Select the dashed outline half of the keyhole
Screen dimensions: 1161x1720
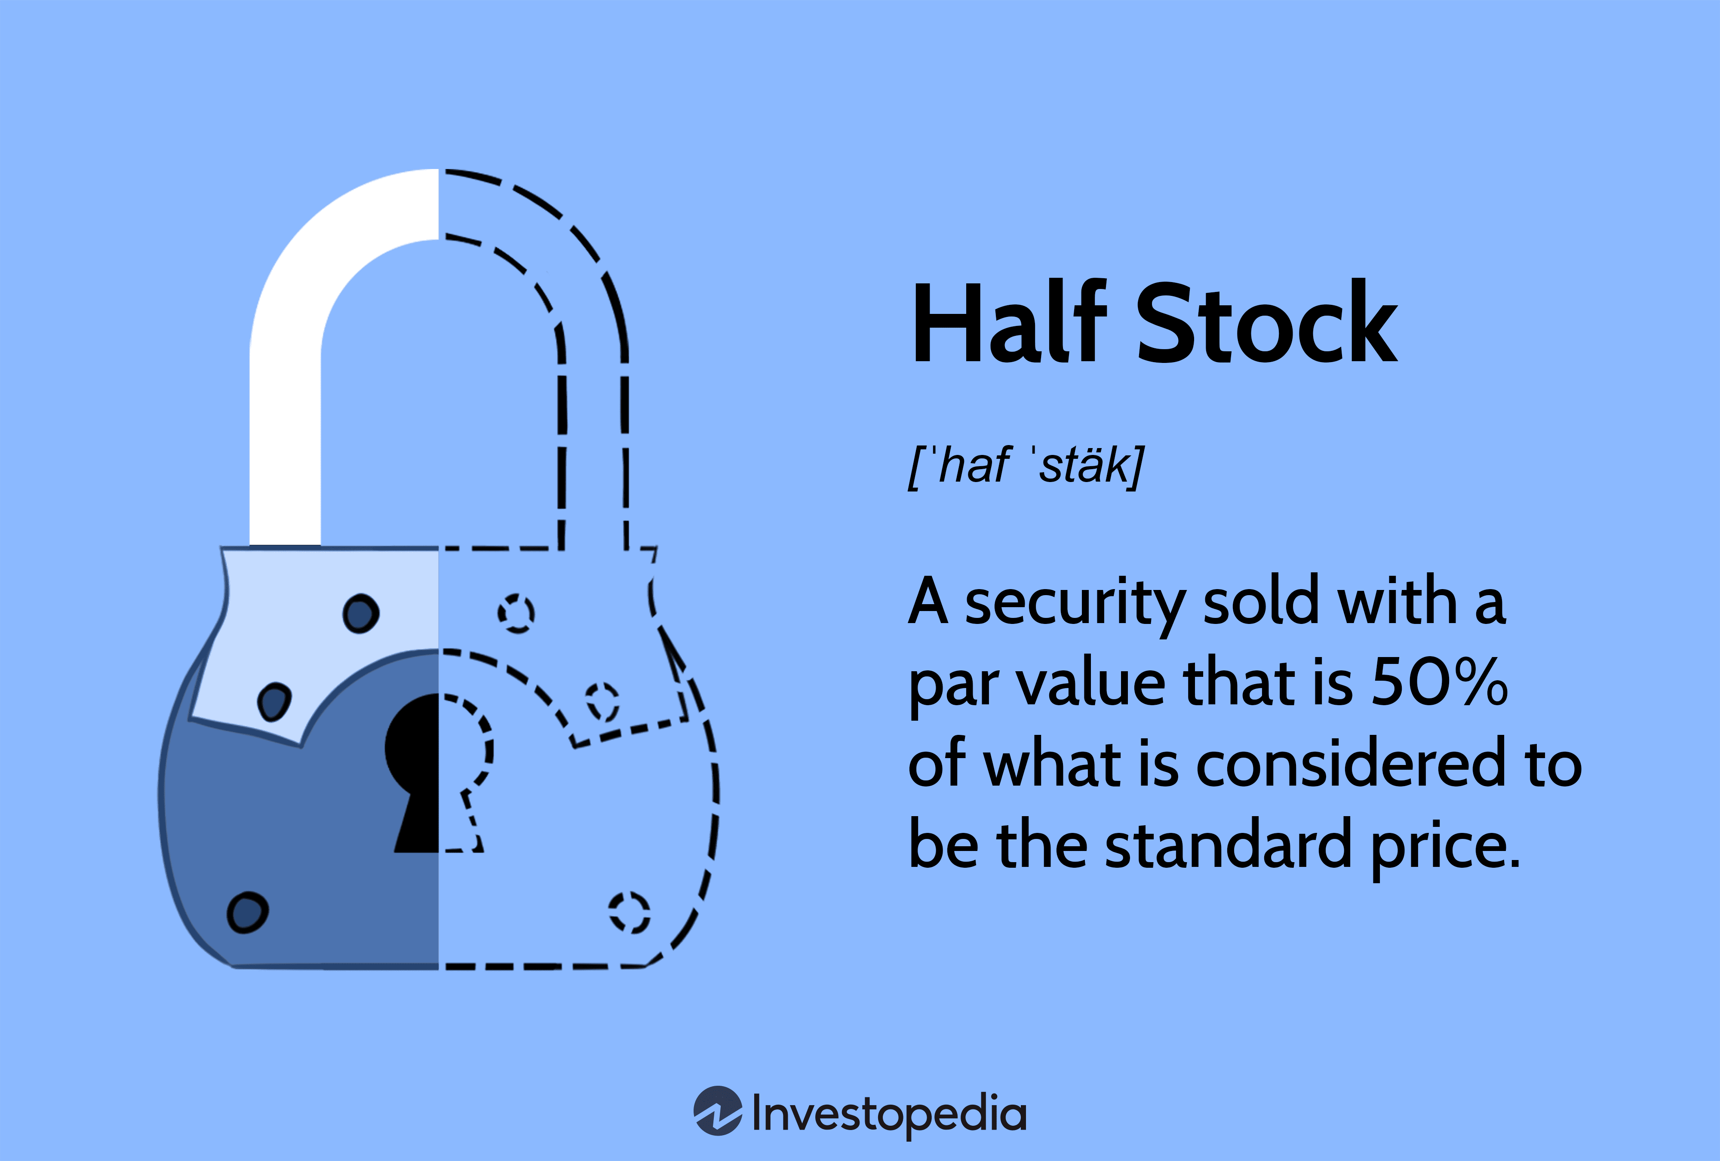point(463,770)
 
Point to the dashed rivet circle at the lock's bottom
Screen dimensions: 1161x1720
point(629,912)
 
